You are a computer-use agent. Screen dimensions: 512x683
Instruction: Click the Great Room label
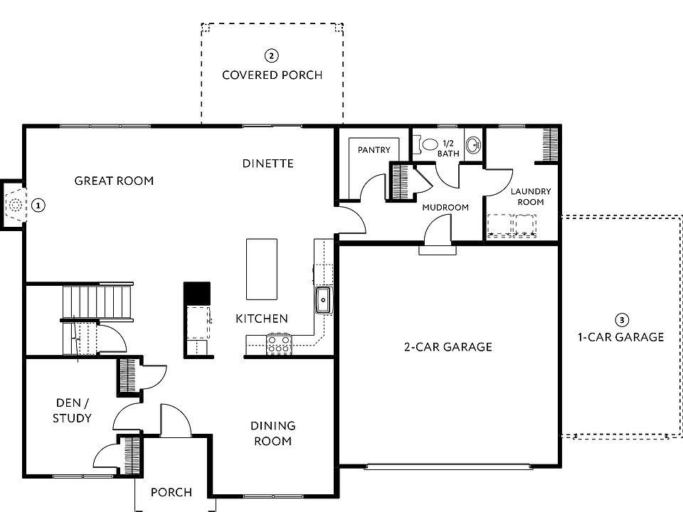pos(114,181)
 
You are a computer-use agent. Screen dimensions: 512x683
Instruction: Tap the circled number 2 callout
pos(271,55)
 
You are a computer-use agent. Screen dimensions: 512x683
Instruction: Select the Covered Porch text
pos(272,75)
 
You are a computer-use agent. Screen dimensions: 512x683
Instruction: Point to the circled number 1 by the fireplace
pos(38,206)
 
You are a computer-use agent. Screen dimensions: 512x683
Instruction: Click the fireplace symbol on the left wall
pos(14,206)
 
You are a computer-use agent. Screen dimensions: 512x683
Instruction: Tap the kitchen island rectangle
pos(261,269)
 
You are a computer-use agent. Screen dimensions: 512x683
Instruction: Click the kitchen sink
pos(323,300)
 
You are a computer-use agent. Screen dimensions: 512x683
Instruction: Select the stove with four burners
pos(277,345)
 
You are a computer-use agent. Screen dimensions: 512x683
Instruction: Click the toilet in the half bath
pos(428,144)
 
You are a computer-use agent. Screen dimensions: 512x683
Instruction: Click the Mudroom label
pos(445,208)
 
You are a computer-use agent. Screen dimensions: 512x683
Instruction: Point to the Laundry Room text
pos(531,197)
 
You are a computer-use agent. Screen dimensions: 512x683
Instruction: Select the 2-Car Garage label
pos(448,347)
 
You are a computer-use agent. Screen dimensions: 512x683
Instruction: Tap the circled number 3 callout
pos(621,320)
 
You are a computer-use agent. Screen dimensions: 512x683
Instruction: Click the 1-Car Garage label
pos(620,337)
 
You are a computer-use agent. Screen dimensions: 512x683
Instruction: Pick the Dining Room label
pos(272,433)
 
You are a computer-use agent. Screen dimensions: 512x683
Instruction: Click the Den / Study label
pos(72,410)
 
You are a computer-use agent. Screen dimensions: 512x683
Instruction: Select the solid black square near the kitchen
pos(197,292)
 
